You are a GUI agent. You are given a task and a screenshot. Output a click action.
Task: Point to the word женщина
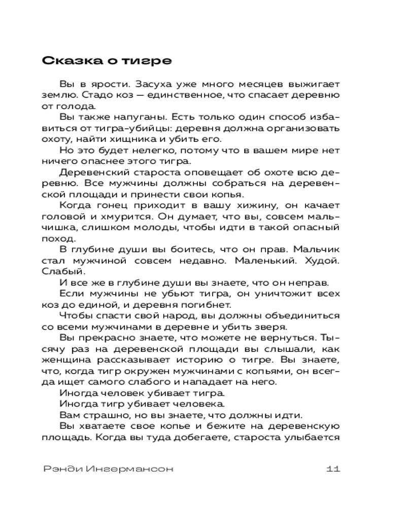64,360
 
